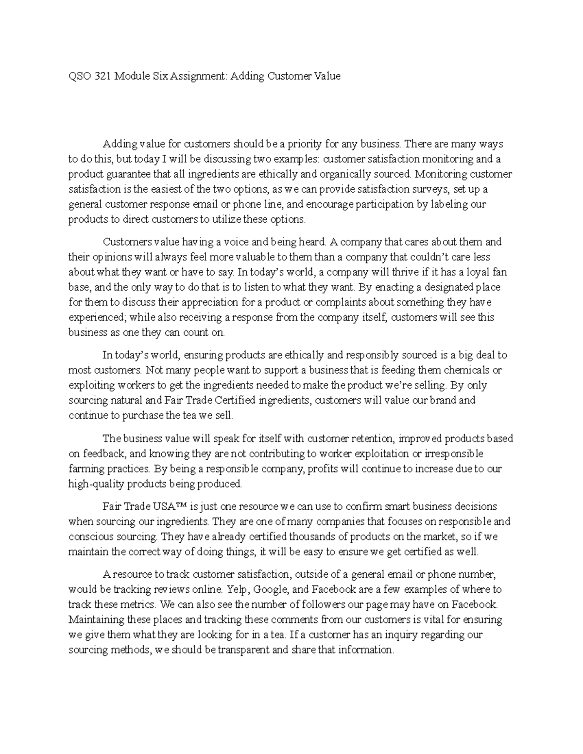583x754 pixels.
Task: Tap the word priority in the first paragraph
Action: [304, 144]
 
